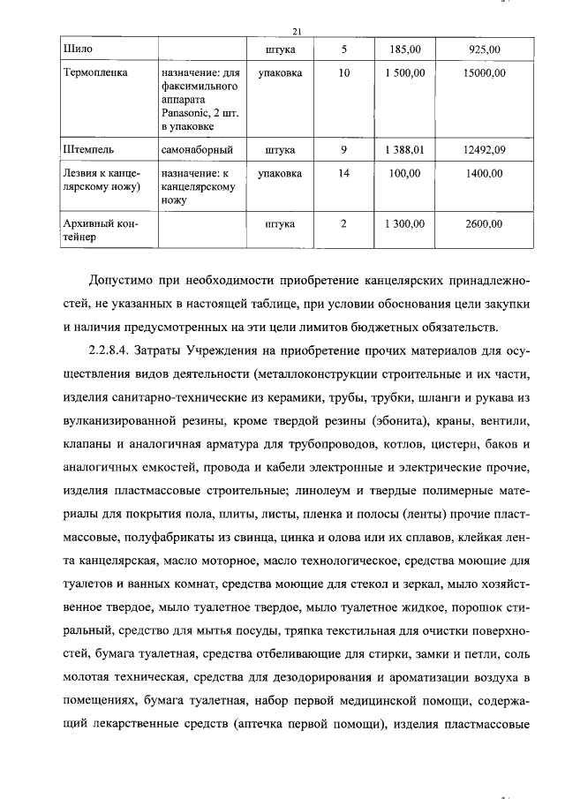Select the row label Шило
(x=79, y=48)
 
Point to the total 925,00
(x=484, y=48)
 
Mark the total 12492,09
(x=484, y=150)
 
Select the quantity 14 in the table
(x=343, y=174)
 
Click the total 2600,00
(x=484, y=224)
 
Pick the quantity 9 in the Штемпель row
(x=343, y=150)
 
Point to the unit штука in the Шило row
(x=280, y=48)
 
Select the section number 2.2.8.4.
(x=114, y=351)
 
